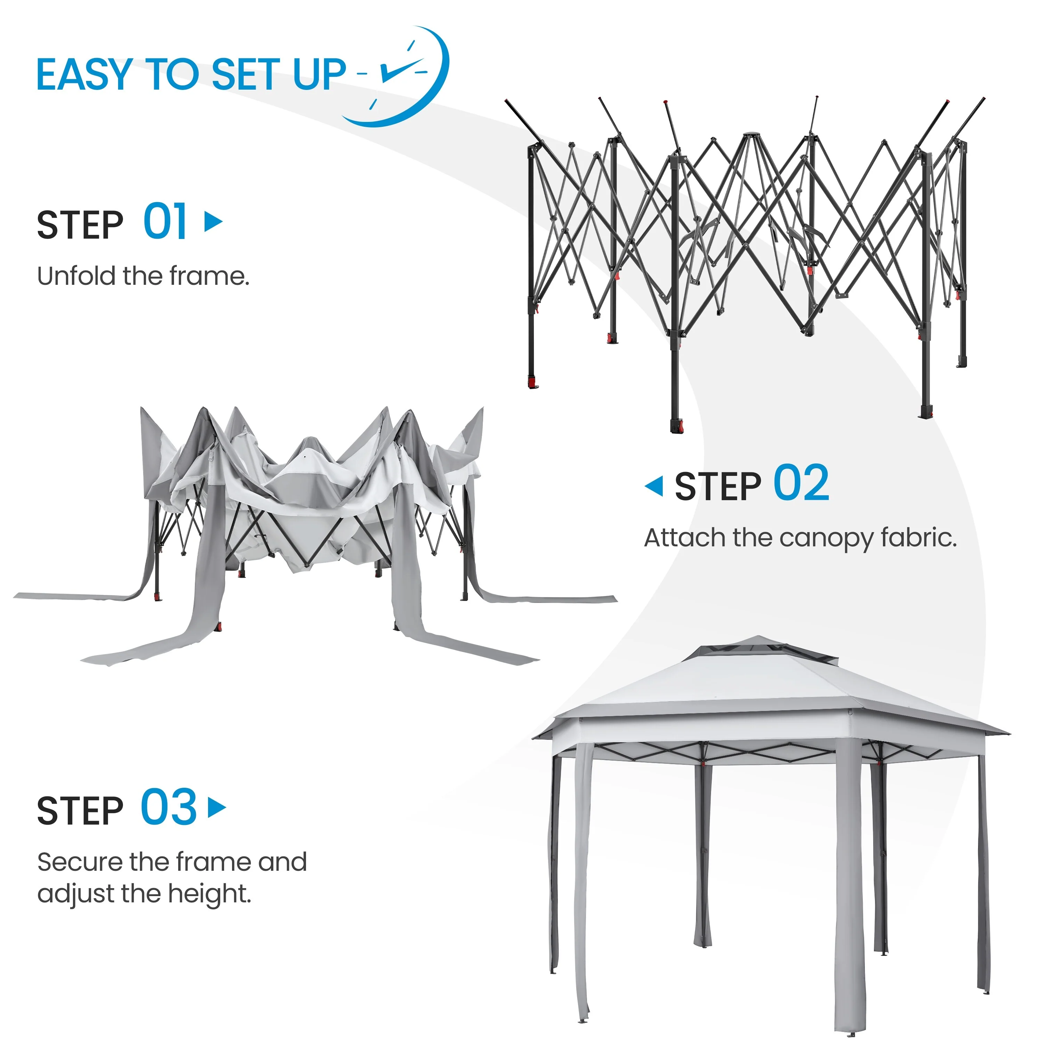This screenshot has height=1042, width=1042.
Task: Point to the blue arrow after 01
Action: pos(214,221)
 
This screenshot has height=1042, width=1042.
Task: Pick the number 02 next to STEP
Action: pos(801,483)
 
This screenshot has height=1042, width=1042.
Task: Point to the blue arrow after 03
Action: pos(217,808)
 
